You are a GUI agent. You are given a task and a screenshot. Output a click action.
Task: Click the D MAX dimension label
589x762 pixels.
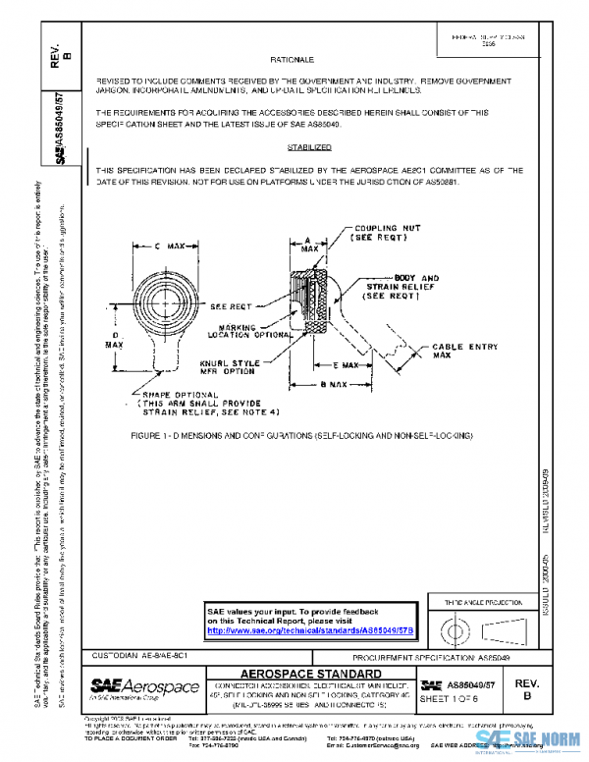pos(114,339)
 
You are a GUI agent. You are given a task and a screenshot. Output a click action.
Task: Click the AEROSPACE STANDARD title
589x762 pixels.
pos(310,674)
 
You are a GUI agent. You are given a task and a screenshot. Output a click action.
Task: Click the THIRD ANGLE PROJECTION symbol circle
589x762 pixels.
pos(453,626)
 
